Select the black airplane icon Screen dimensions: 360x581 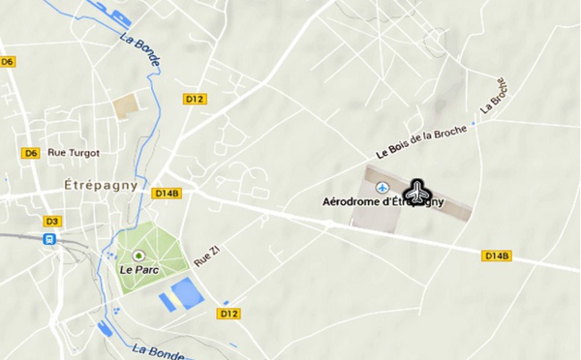[418, 192]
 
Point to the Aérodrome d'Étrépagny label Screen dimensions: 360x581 [382, 202]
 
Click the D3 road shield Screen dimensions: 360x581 [50, 221]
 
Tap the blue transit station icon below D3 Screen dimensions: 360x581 [49, 238]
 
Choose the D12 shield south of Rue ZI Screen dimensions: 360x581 [229, 314]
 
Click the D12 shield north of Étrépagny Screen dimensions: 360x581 [195, 99]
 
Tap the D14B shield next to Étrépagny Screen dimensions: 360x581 [168, 193]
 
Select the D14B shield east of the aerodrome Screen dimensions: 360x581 [497, 255]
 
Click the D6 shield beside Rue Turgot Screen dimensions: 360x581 [31, 153]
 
